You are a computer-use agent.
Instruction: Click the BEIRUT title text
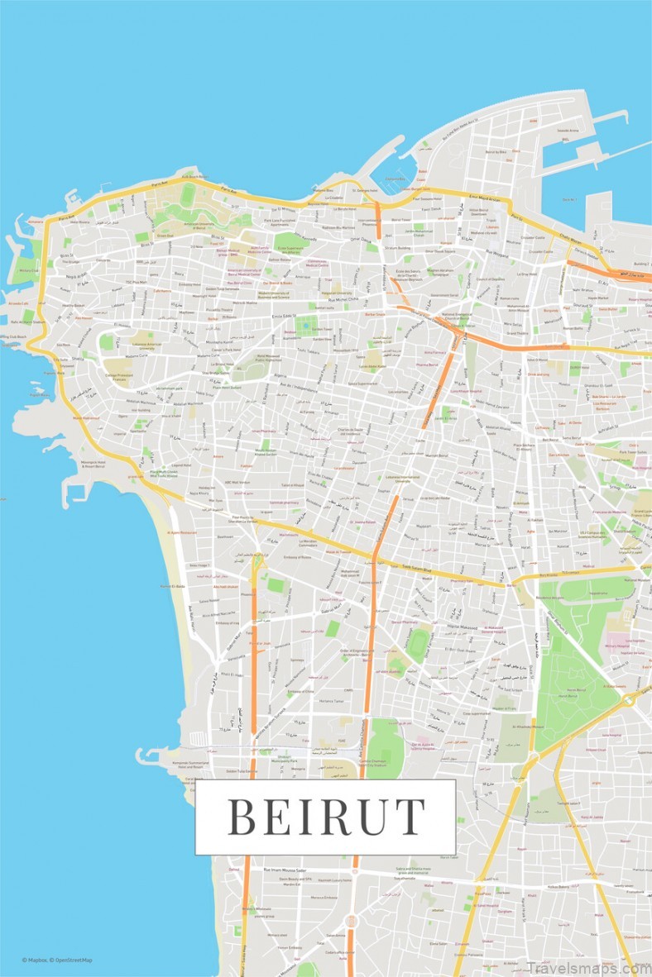coord(325,816)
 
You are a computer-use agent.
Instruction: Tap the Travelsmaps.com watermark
coord(587,966)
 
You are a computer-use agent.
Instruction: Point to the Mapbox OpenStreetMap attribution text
coord(57,960)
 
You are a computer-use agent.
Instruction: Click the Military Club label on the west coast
coord(27,269)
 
